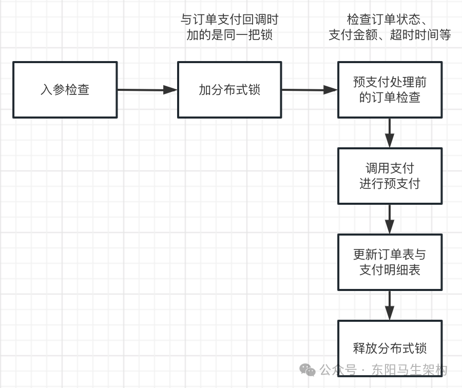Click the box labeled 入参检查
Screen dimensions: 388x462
pyautogui.click(x=65, y=90)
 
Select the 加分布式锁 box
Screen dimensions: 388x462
pyautogui.click(x=229, y=90)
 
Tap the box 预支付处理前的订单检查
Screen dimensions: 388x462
pyautogui.click(x=390, y=90)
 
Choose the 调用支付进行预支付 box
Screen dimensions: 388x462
pyautogui.click(x=390, y=176)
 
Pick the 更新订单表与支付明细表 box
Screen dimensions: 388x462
pyautogui.click(x=390, y=262)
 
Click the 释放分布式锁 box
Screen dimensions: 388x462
pyautogui.click(x=390, y=347)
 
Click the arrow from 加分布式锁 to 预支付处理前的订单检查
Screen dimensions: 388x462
pyautogui.click(x=309, y=90)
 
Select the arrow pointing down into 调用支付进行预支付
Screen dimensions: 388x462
pyautogui.click(x=390, y=133)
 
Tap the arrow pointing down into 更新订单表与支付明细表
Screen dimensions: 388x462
pyautogui.click(x=390, y=219)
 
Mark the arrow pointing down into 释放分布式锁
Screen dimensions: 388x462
pyautogui.click(x=390, y=305)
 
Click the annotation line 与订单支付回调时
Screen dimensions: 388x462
pyautogui.click(x=229, y=20)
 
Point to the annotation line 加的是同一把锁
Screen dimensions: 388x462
pyautogui.click(x=229, y=35)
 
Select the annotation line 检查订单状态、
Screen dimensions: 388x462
pyautogui.click(x=389, y=20)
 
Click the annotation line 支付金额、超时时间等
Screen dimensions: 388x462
pyautogui.click(x=390, y=35)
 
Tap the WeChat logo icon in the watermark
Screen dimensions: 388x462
pyautogui.click(x=308, y=370)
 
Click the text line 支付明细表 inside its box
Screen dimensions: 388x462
pyautogui.click(x=390, y=270)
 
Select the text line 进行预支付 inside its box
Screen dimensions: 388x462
pyautogui.click(x=390, y=184)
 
